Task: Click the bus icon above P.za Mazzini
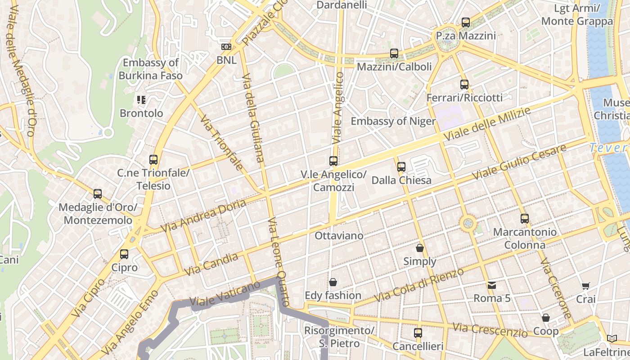pyautogui.click(x=466, y=22)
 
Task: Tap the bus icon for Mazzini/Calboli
pyautogui.click(x=394, y=54)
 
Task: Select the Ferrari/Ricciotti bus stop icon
pyautogui.click(x=464, y=84)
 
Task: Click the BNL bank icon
pyautogui.click(x=226, y=47)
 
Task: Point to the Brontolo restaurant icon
pyautogui.click(x=141, y=99)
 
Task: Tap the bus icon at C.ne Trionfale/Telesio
pyautogui.click(x=153, y=159)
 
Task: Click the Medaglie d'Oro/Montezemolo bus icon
pyautogui.click(x=98, y=194)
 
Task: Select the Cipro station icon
pyautogui.click(x=124, y=254)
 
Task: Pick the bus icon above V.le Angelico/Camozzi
pyautogui.click(x=333, y=161)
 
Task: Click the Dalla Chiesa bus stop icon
pyautogui.click(x=401, y=167)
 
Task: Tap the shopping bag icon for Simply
pyautogui.click(x=420, y=248)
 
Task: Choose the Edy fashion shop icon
pyautogui.click(x=333, y=282)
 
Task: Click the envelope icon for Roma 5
pyautogui.click(x=492, y=285)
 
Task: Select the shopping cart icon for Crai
pyautogui.click(x=585, y=286)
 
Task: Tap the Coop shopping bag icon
pyautogui.click(x=546, y=318)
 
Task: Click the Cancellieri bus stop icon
pyautogui.click(x=418, y=333)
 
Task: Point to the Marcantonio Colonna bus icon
pyautogui.click(x=525, y=219)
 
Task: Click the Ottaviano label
pyautogui.click(x=339, y=236)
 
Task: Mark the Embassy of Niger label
pyautogui.click(x=393, y=121)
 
